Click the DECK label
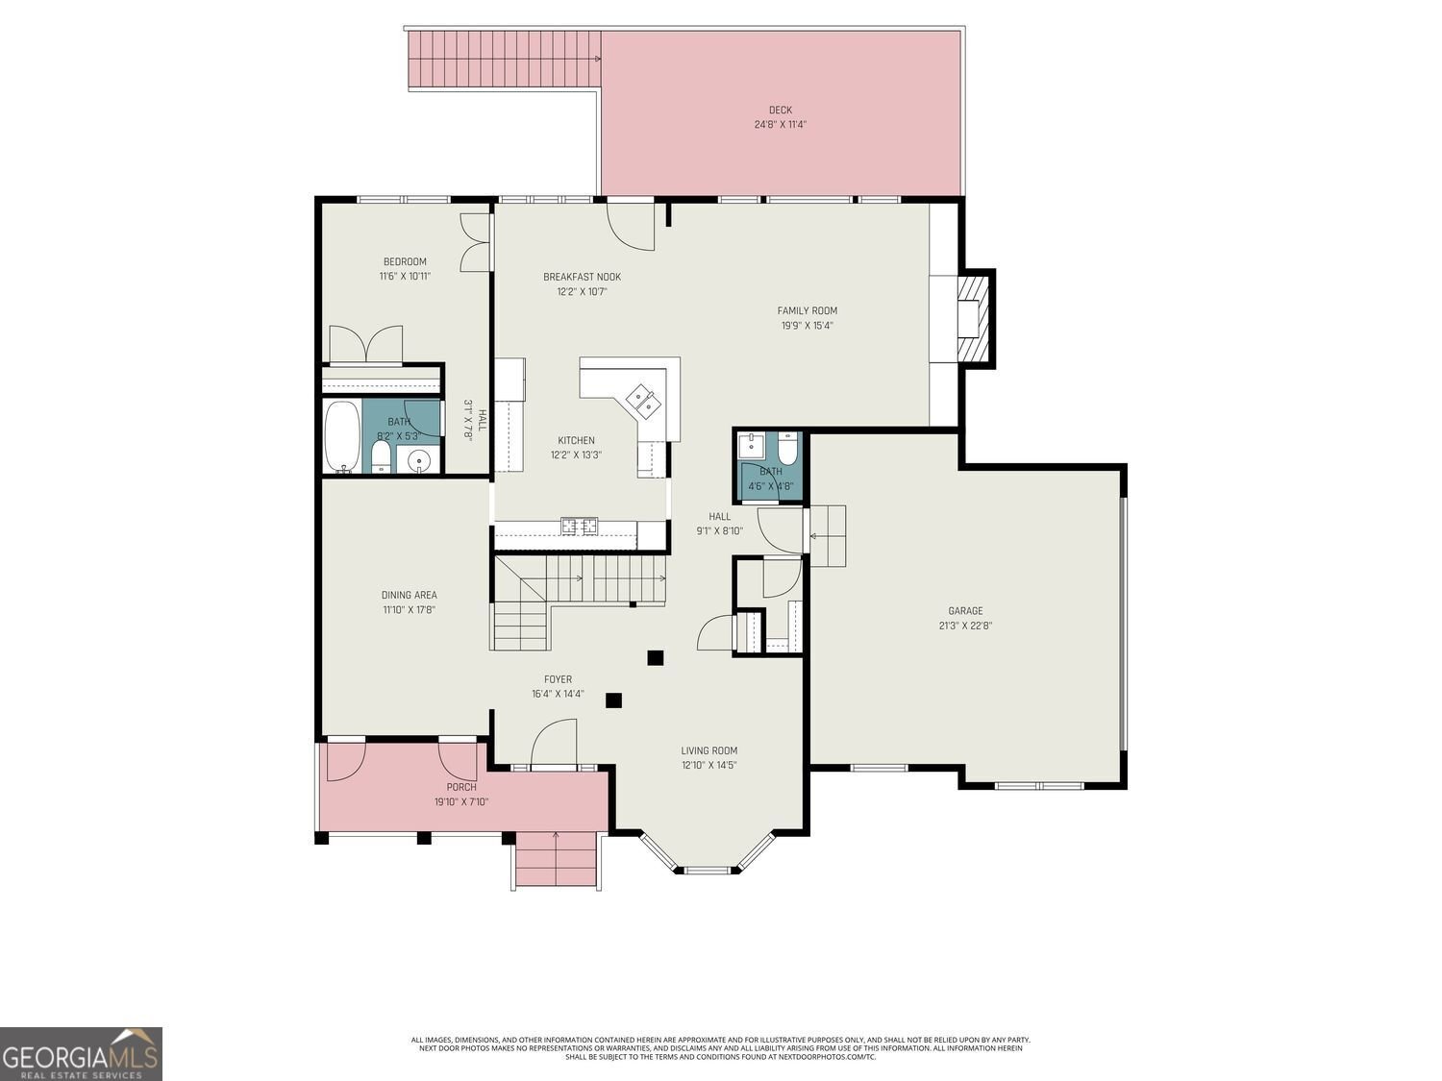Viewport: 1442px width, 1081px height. click(780, 110)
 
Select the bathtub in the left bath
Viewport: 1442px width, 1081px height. click(342, 437)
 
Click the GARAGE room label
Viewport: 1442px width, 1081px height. click(965, 611)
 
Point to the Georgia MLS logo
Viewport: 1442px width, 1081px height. click(81, 1053)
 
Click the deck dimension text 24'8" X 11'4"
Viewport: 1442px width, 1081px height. click(780, 125)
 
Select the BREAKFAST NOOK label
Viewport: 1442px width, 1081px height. click(582, 277)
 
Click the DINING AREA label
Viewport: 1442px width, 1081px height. click(409, 595)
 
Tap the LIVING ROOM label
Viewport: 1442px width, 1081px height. click(709, 751)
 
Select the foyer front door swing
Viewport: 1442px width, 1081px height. click(554, 745)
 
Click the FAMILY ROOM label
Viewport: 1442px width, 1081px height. click(807, 310)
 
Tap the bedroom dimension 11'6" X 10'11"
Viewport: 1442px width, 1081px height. click(405, 277)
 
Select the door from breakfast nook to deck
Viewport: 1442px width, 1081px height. click(631, 226)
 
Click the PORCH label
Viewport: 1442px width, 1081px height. click(460, 787)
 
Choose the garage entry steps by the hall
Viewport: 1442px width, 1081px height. click(827, 535)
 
